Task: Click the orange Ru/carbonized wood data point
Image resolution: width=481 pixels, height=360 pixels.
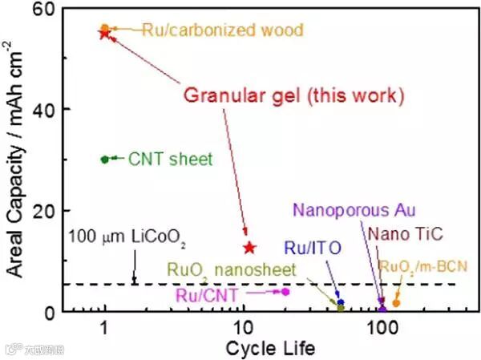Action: click(105, 28)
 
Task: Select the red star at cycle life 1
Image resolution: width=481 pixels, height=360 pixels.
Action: click(104, 33)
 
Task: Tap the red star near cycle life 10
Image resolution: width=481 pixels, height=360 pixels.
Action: click(249, 248)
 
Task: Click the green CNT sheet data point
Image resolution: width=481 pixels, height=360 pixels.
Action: click(105, 159)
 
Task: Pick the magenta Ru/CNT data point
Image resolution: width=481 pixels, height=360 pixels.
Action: click(285, 291)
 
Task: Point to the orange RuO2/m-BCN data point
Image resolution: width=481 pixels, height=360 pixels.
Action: click(395, 303)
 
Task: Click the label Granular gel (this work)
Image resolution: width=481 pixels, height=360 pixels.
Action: click(293, 96)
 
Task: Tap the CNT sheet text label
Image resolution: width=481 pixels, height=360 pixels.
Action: click(171, 160)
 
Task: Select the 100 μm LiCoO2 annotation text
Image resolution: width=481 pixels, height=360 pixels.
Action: click(128, 238)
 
